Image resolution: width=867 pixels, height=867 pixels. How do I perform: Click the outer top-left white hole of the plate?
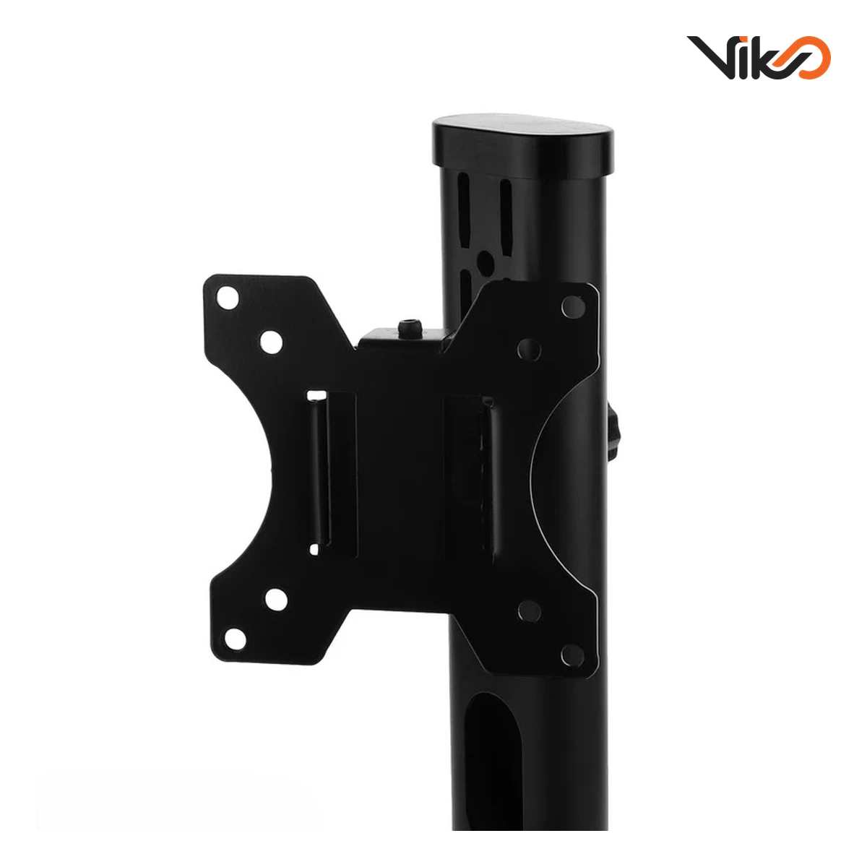pyautogui.click(x=228, y=298)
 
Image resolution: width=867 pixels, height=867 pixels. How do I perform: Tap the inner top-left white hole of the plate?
pyautogui.click(x=271, y=342)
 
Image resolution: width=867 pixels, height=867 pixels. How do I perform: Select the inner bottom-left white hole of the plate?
pyautogui.click(x=276, y=599)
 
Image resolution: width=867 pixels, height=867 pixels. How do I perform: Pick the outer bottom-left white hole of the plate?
pyautogui.click(x=236, y=639)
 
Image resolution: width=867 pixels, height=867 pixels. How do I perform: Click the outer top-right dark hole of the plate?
pyautogui.click(x=573, y=307)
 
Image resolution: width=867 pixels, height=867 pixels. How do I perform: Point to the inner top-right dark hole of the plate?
pyautogui.click(x=529, y=350)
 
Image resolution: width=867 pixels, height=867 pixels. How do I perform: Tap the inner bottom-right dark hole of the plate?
pyautogui.click(x=529, y=611)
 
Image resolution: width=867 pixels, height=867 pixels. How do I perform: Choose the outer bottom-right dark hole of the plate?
pyautogui.click(x=572, y=655)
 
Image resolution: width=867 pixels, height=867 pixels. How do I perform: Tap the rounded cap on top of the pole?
pyautogui.click(x=523, y=145)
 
